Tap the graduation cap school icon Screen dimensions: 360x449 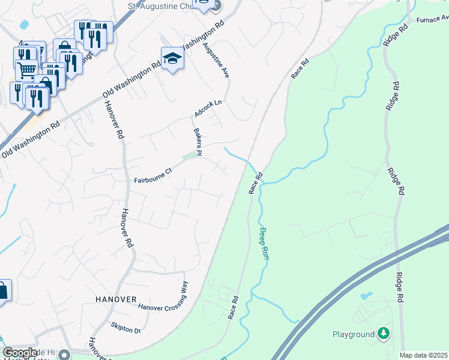(172, 59)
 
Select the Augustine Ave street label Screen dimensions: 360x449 (216, 60)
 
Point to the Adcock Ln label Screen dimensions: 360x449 (208, 109)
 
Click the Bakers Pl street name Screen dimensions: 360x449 (197, 142)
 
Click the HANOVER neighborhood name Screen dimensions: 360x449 (115, 298)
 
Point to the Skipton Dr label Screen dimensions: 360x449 (125, 328)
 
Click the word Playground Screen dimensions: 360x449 (353, 334)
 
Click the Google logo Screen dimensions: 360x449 (20, 353)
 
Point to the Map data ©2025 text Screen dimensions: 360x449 (423, 355)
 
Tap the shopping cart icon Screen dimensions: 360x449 (26, 70)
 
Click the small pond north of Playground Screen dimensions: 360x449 (366, 296)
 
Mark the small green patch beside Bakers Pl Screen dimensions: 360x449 (190, 157)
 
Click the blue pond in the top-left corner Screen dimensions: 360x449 (24, 25)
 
